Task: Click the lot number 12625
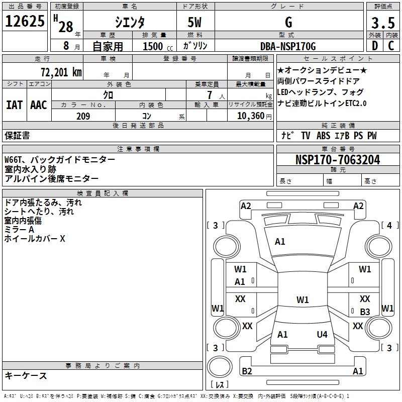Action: click(x=25, y=21)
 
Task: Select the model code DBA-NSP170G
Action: click(x=288, y=46)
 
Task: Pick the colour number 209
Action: click(x=83, y=116)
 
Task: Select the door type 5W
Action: click(x=194, y=23)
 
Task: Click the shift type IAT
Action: click(x=14, y=105)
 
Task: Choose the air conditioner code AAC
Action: click(x=38, y=105)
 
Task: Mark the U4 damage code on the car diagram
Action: click(x=322, y=334)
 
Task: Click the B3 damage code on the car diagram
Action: click(x=365, y=312)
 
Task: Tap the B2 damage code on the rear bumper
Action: click(x=247, y=371)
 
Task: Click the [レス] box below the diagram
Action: click(x=221, y=385)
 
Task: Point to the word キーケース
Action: click(x=26, y=375)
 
